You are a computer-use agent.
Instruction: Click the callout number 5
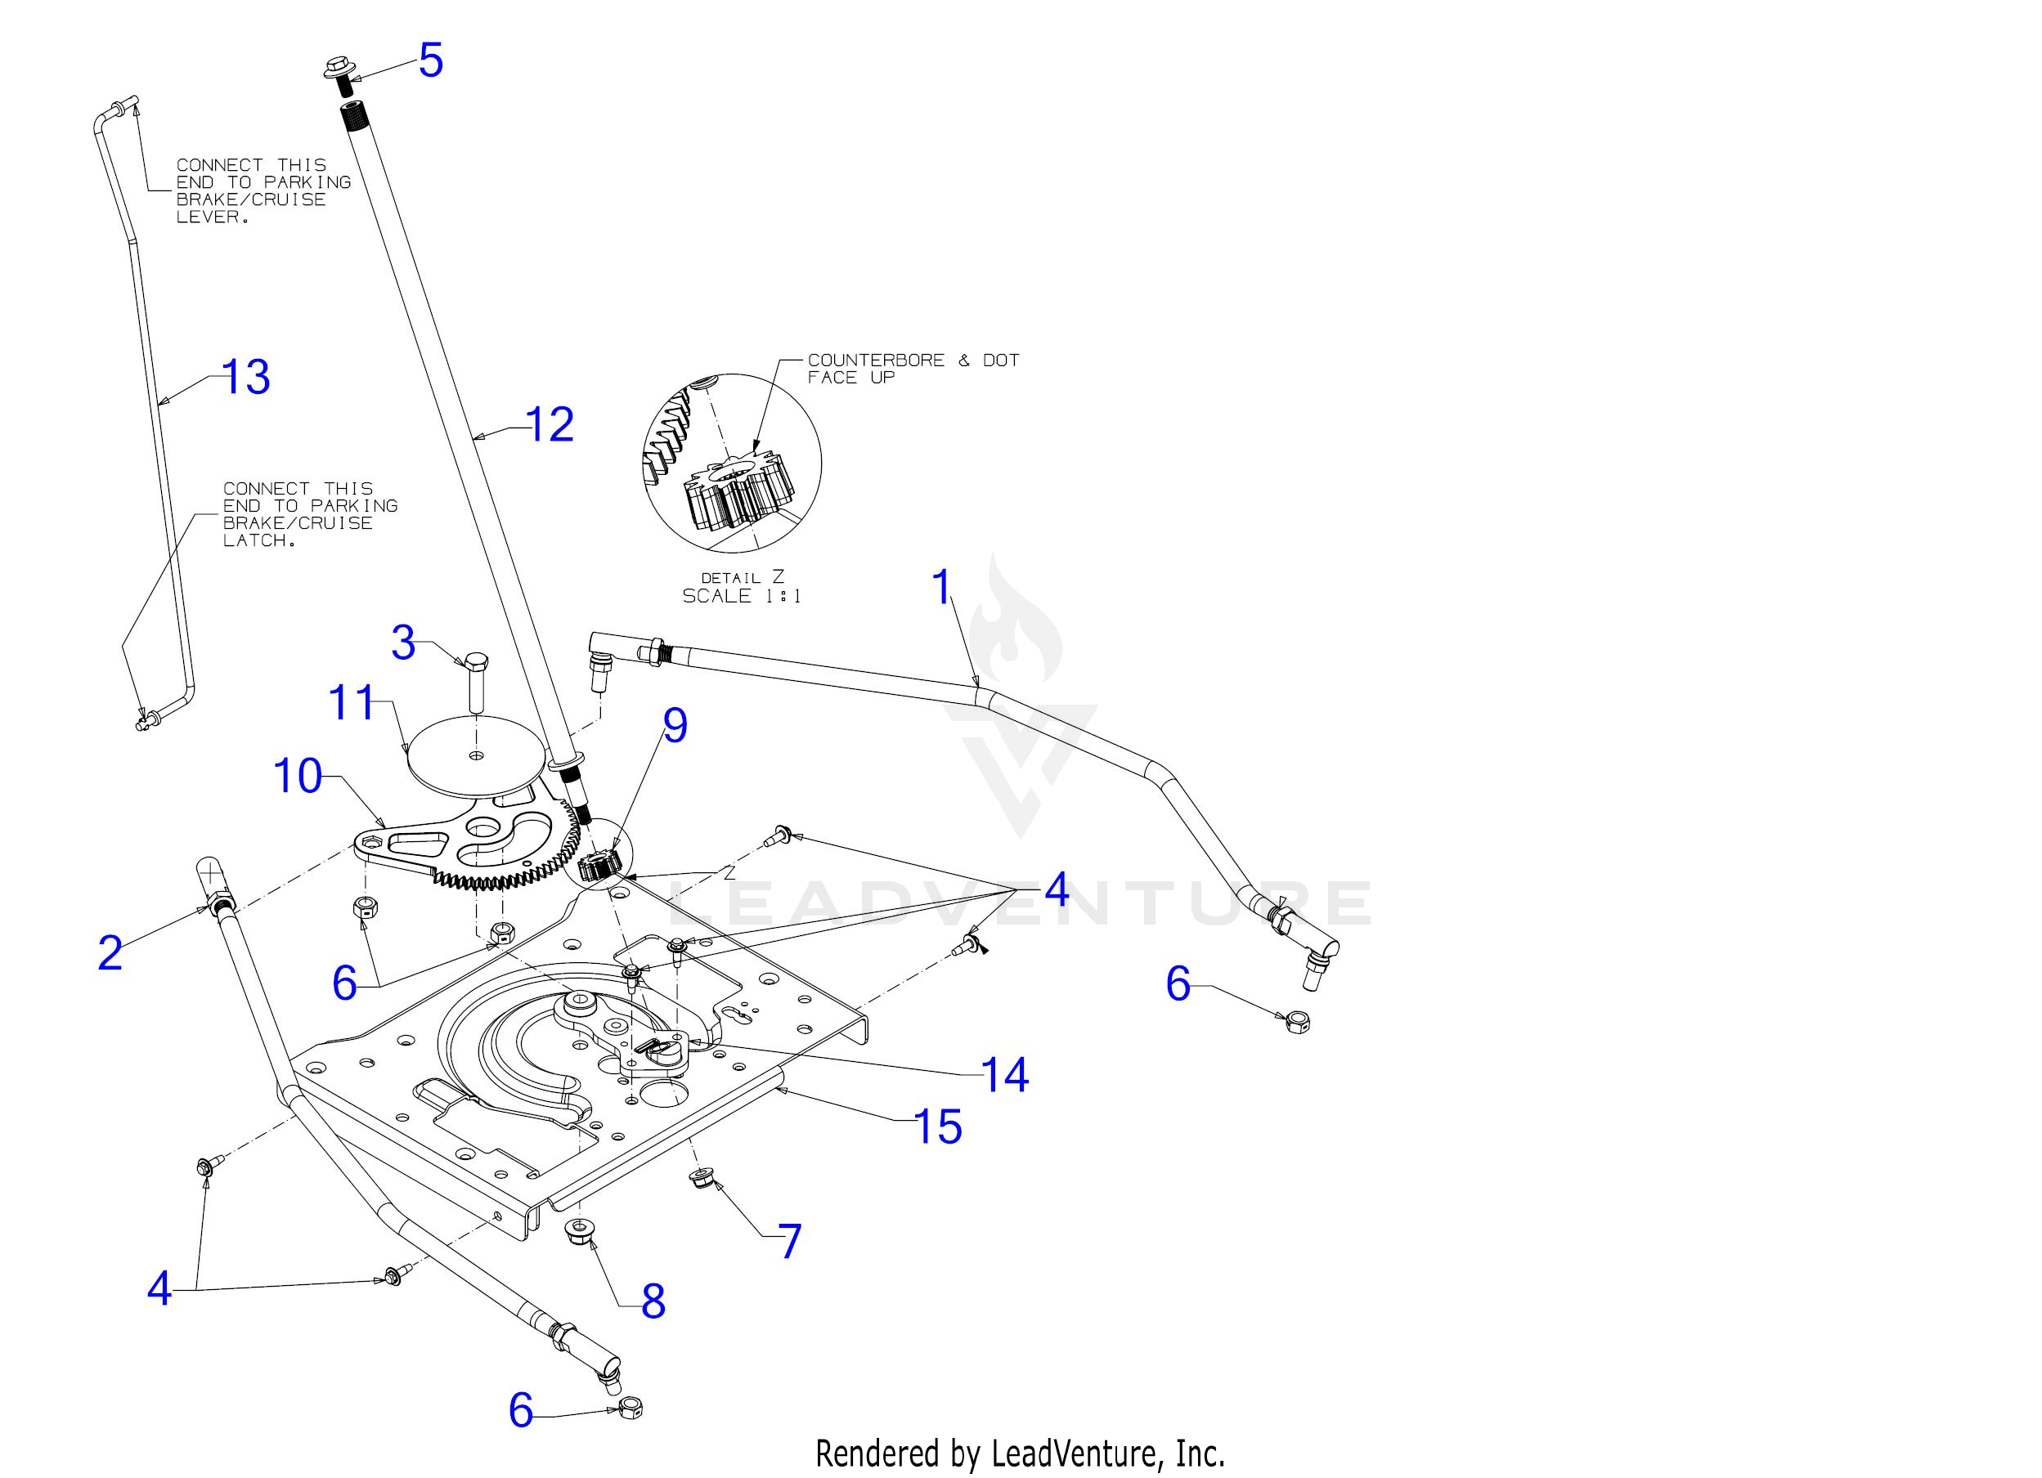click(x=430, y=60)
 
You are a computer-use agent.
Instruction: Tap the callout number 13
click(x=245, y=377)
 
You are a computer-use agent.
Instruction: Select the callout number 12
click(x=550, y=424)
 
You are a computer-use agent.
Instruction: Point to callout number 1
click(x=942, y=587)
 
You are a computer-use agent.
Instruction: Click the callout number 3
click(x=402, y=643)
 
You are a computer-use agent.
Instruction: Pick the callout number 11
click(x=350, y=702)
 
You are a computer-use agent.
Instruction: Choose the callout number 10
click(x=296, y=775)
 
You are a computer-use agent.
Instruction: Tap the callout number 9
click(x=675, y=725)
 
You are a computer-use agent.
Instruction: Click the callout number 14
click(x=1004, y=1074)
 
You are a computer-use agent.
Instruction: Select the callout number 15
click(x=937, y=1127)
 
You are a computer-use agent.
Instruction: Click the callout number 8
click(x=653, y=1301)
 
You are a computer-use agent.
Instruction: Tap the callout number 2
click(x=110, y=952)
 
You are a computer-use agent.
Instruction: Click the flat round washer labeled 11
click(x=474, y=757)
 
